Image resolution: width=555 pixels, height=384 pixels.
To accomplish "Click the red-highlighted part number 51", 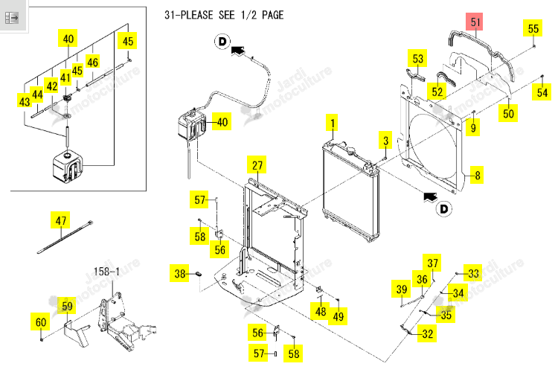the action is point(475,22).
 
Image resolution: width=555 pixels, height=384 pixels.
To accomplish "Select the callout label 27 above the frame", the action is point(257,165).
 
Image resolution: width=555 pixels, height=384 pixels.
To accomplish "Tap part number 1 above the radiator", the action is point(332,124).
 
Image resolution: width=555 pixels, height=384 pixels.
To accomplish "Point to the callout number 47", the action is point(60,220).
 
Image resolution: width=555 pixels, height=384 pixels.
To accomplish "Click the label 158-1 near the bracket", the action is point(106,272).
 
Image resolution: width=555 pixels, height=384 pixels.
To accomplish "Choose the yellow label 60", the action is point(41,322).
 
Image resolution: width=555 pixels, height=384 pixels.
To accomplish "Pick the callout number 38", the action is point(179,274).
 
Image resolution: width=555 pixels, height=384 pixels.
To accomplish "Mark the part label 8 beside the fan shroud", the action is point(477,175).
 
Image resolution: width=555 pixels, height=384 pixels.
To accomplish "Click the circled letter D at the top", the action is point(222,42).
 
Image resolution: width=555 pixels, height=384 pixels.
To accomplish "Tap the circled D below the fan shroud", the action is point(444,209).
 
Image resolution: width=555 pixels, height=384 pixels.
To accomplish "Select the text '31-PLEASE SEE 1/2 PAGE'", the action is point(224,15).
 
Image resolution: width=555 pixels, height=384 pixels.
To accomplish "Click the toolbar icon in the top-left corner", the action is point(12,17).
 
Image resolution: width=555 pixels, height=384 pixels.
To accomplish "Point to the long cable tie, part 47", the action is point(65,237).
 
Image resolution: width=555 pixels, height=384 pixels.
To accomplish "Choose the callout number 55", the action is point(533,28).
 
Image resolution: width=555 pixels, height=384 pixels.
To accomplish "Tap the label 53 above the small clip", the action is point(417,58).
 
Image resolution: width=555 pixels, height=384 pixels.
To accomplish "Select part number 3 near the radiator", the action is point(385,141).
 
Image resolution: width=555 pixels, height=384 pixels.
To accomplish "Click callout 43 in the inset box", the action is point(25,101).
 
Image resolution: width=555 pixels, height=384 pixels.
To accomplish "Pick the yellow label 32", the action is point(427,333).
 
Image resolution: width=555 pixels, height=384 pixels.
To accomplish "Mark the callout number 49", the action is point(338,316).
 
